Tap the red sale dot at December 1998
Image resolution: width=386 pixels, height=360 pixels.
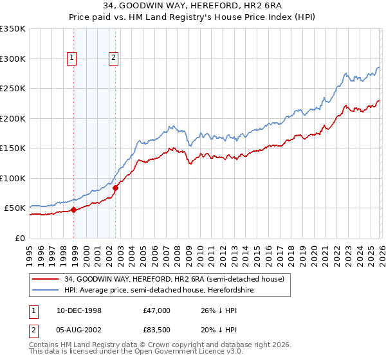tap(74, 210)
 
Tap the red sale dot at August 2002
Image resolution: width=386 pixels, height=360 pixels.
tap(116, 188)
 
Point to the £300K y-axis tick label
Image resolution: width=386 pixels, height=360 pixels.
tap(13, 59)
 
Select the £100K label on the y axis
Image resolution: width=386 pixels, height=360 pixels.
tap(13, 178)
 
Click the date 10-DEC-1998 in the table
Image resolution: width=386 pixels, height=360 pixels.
tap(79, 310)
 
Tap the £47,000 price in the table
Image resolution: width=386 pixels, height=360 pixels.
tap(157, 310)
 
